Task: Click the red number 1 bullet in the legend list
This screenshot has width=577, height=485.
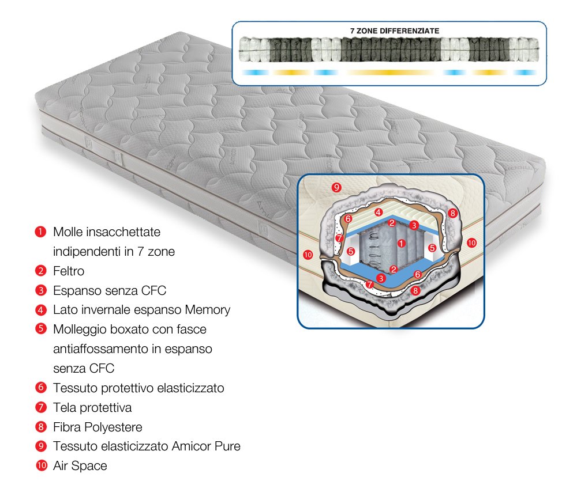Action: pos(40,232)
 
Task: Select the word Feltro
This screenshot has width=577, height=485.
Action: pos(69,271)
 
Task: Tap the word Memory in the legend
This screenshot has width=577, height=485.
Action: pos(208,310)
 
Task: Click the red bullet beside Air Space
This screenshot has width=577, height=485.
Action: pos(41,465)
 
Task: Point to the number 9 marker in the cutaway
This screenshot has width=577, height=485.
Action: pos(336,187)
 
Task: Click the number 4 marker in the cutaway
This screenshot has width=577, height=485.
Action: pos(379,212)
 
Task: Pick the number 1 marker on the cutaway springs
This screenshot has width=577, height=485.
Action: pos(402,243)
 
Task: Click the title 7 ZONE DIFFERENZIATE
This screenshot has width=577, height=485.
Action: pos(395,31)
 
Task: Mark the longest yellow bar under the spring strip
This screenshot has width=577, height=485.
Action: pos(391,73)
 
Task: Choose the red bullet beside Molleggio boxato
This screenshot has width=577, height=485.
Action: pos(41,328)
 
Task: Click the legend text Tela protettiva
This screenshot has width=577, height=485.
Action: pos(92,407)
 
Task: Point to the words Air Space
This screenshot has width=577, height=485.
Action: pos(80,466)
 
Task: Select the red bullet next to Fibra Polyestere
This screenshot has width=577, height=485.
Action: pos(41,427)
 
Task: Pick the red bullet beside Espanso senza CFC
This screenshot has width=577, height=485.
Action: pos(41,290)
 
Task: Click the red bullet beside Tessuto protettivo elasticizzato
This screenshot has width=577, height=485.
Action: pos(41,388)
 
